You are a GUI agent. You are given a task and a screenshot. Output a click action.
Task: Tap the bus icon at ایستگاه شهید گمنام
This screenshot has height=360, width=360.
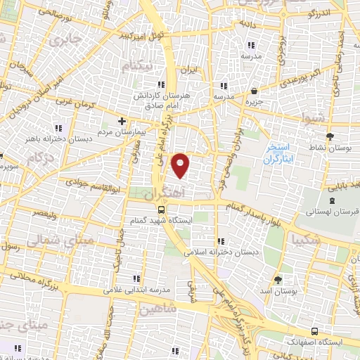(x=162, y=210)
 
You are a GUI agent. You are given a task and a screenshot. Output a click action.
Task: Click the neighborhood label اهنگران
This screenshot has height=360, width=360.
(x=164, y=193)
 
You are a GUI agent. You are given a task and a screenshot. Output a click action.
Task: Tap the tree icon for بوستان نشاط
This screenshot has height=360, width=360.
(x=330, y=136)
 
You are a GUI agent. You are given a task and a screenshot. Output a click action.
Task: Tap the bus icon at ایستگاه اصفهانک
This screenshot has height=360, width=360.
(x=313, y=330)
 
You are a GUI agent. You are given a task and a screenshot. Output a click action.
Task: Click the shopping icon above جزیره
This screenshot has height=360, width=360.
(x=253, y=91)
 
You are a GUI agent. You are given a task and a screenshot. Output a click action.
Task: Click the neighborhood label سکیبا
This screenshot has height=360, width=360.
(x=311, y=239)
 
